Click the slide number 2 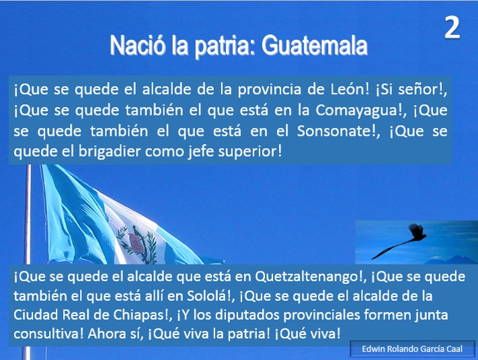click(x=452, y=28)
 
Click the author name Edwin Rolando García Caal click(x=412, y=349)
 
